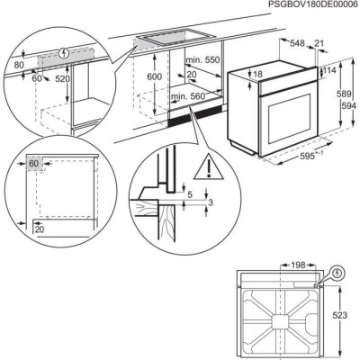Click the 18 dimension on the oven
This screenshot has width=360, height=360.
[x=259, y=74]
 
